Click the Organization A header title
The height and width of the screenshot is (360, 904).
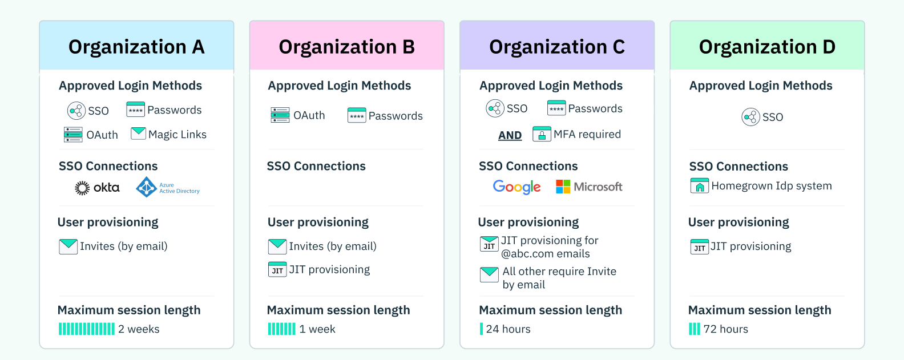136,47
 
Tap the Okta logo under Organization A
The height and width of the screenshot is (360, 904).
97,188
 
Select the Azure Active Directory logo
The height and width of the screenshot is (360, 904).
168,187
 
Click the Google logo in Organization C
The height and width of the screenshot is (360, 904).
516,187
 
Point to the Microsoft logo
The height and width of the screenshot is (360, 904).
589,187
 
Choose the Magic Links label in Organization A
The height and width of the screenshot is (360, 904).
177,135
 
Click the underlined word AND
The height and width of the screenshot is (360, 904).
510,135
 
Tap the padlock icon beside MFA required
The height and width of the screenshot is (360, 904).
541,134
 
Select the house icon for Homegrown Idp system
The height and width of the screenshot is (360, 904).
699,186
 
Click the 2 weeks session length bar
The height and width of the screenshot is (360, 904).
87,329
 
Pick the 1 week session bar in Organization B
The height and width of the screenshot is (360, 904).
282,329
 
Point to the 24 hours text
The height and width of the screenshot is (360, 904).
508,329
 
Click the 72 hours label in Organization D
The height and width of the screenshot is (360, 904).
725,329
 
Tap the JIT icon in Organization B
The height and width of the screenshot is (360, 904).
277,269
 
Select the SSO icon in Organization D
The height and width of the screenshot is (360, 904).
750,117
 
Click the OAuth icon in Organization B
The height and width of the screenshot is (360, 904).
280,115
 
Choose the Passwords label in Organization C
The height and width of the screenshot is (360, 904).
595,108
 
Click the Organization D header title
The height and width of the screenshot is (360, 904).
767,47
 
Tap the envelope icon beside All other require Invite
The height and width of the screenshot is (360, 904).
489,274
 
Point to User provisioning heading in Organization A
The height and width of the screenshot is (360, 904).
108,222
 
